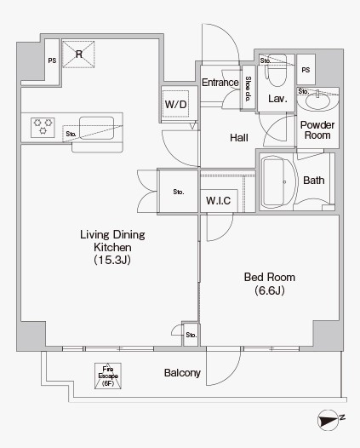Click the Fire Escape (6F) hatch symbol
(108, 376)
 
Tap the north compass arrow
(328, 420)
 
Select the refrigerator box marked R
(78, 55)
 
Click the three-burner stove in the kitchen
(43, 128)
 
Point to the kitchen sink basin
(96, 128)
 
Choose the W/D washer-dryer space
(176, 103)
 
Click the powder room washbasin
(317, 100)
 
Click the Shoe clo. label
(248, 89)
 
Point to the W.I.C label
(219, 200)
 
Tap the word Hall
(239, 138)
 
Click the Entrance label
(220, 83)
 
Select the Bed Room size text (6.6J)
(270, 290)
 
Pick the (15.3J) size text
(112, 260)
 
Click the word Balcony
(182, 373)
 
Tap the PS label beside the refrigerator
(52, 60)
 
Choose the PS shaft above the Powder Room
(306, 70)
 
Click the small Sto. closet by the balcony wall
(191, 334)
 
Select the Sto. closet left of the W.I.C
(178, 192)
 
